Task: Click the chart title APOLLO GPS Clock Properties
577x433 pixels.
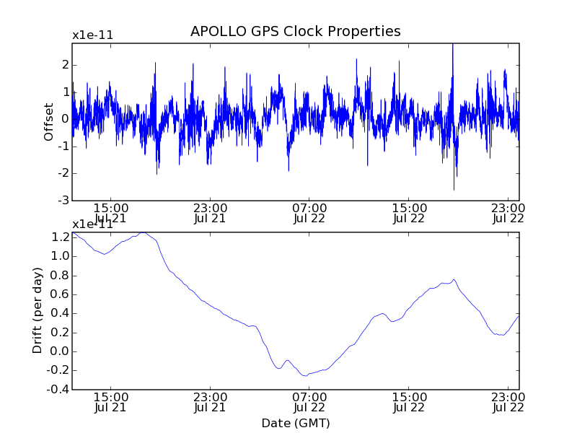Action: tap(295, 32)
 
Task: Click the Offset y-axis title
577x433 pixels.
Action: tap(49, 121)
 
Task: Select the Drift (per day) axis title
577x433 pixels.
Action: tap(38, 310)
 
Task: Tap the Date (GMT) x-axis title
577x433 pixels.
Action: tap(295, 423)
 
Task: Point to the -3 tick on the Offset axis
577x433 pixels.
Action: tap(63, 200)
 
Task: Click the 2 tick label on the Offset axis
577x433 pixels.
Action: tap(65, 65)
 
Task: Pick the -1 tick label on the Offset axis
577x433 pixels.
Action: tap(63, 146)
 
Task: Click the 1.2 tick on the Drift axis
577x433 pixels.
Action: tap(61, 237)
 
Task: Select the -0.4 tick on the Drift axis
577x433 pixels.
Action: tap(59, 390)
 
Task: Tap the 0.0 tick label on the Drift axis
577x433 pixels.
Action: tap(61, 351)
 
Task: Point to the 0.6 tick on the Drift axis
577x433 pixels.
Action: tap(61, 294)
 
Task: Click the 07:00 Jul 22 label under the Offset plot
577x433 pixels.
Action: tap(309, 214)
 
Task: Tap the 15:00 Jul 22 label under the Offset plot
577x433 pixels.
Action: tap(409, 214)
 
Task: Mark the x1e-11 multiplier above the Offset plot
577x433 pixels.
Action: tap(92, 35)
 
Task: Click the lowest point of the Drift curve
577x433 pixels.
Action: tap(305, 376)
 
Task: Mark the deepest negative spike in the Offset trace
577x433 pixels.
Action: tap(454, 189)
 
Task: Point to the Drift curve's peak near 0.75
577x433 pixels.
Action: tap(453, 279)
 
